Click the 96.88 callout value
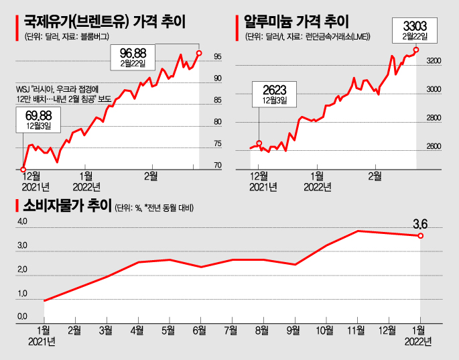pyautogui.click(x=132, y=52)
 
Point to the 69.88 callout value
pyautogui.click(x=38, y=116)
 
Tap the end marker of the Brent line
pyautogui.click(x=199, y=52)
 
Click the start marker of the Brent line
pyautogui.click(x=23, y=169)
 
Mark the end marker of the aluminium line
pyautogui.click(x=416, y=50)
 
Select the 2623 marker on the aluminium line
pyautogui.click(x=259, y=143)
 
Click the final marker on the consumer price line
pyautogui.click(x=420, y=236)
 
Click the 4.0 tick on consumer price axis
pyautogui.click(x=23, y=221)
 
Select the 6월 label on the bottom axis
pyautogui.click(x=199, y=331)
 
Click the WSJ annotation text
pyautogui.click(x=62, y=93)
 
